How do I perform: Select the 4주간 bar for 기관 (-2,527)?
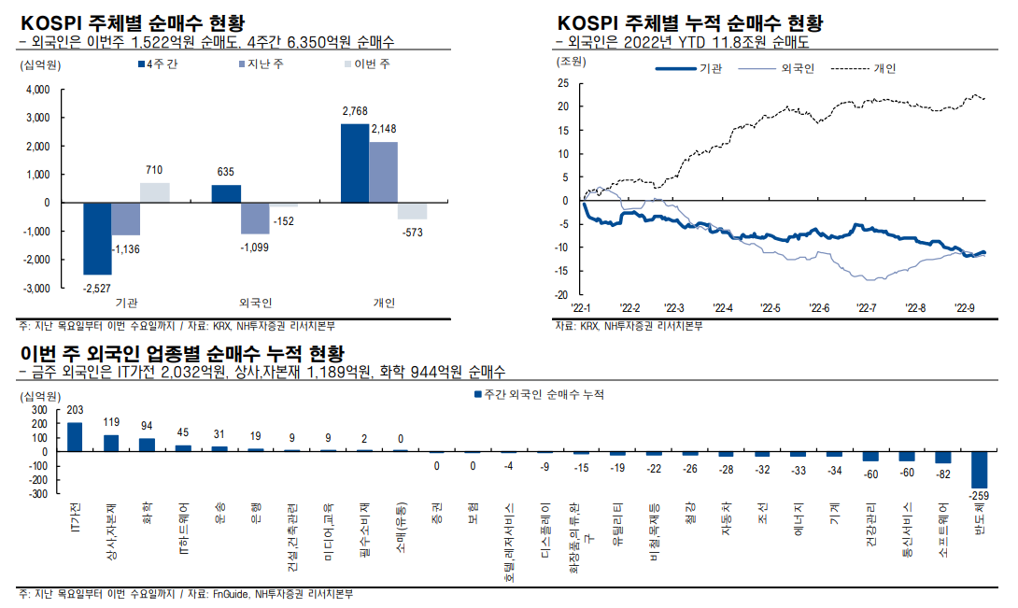tap(97, 238)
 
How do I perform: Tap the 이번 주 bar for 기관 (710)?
tap(154, 192)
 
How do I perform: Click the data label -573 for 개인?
tap(412, 231)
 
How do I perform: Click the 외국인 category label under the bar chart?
tap(255, 303)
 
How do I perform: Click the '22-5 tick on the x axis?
tap(771, 307)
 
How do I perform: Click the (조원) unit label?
tap(571, 62)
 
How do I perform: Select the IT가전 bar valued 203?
tap(75, 436)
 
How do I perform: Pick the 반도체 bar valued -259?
tap(979, 469)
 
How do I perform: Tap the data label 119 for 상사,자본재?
tap(111, 422)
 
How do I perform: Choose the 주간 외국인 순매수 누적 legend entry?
tap(540, 395)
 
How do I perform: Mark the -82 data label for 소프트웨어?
tap(942, 474)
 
